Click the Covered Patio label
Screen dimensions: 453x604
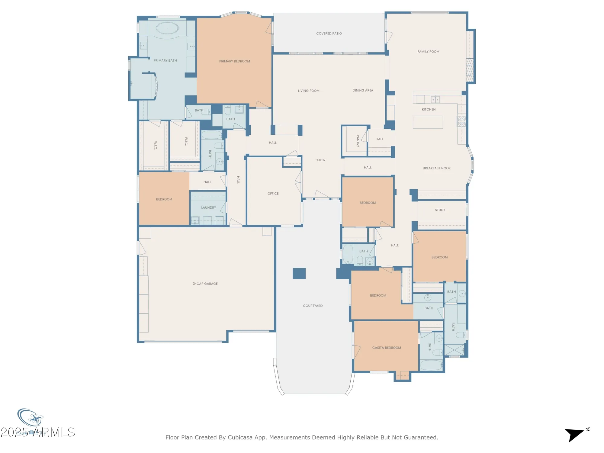click(x=329, y=34)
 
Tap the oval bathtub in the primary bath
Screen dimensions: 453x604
click(x=167, y=28)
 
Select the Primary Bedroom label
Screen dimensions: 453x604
click(x=234, y=61)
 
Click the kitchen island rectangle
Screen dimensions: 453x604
click(x=428, y=122)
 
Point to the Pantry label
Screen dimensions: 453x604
click(x=358, y=141)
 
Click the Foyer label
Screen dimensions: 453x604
click(x=320, y=160)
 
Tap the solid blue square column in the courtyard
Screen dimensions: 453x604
click(x=299, y=273)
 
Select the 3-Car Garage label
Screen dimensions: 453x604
click(x=205, y=284)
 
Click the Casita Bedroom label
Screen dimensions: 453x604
click(x=386, y=348)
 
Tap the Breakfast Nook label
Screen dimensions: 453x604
click(x=436, y=168)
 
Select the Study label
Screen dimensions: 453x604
click(x=440, y=210)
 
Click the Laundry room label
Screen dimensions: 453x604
click(x=208, y=207)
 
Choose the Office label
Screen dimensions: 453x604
click(x=273, y=194)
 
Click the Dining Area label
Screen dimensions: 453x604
click(x=363, y=90)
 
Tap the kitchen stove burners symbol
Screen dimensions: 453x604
click(x=461, y=121)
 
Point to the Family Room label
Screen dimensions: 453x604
click(x=428, y=52)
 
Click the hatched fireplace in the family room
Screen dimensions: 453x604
click(x=469, y=70)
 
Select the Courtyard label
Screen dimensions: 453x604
click(x=313, y=306)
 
